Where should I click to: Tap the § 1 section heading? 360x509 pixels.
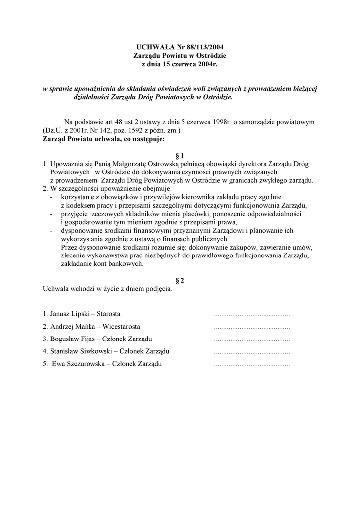click(x=180, y=155)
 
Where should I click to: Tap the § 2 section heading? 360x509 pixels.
click(x=180, y=280)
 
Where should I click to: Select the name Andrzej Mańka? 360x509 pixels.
click(x=73, y=327)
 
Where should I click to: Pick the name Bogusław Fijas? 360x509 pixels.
click(x=74, y=339)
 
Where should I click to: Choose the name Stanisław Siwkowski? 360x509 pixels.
click(x=80, y=351)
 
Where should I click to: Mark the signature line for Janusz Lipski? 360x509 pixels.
click(x=252, y=315)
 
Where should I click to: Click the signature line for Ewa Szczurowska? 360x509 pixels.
click(x=252, y=364)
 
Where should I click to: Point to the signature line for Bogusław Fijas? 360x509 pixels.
click(x=252, y=339)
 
